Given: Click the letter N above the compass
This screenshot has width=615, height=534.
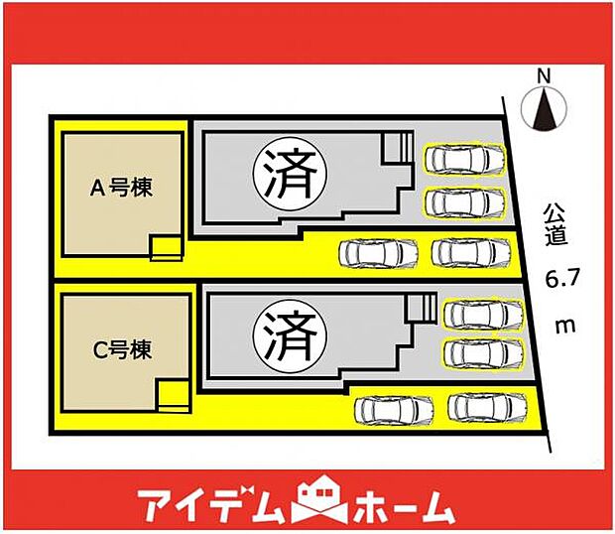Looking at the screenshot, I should [542, 75].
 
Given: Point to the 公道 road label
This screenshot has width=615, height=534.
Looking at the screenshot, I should [554, 224].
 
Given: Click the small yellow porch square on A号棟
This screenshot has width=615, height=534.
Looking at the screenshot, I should [167, 247].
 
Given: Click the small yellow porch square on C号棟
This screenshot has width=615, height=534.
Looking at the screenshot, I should [173, 394].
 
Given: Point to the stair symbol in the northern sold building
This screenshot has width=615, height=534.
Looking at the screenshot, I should [399, 147].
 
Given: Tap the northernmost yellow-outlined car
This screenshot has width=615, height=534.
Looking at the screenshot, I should [463, 159].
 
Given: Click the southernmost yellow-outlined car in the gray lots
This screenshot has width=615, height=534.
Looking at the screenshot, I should [480, 352].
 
